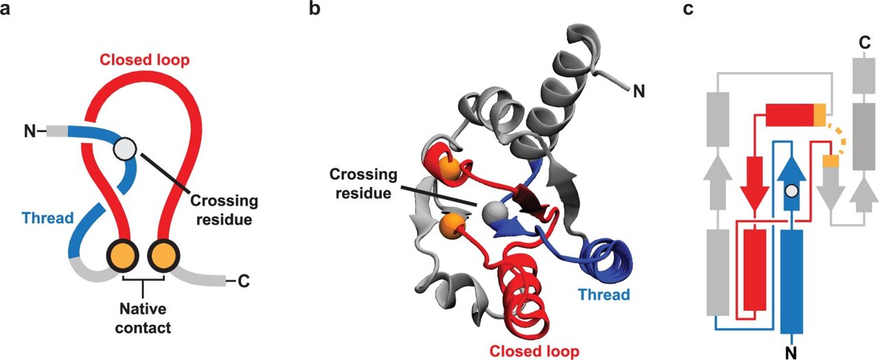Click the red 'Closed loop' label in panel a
[144, 59]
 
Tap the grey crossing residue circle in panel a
[125, 147]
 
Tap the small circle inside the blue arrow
[792, 191]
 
